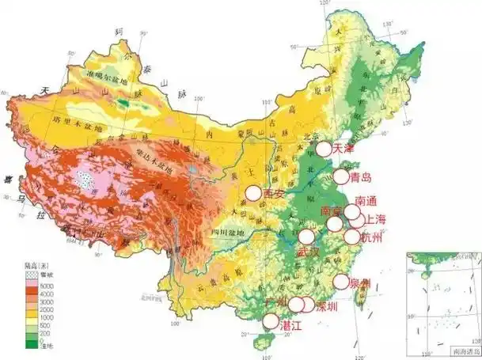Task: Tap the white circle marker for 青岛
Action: [x=341, y=177]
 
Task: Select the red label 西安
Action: [x=274, y=193]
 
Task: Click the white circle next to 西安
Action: [x=252, y=192]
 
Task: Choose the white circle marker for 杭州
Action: [x=353, y=237]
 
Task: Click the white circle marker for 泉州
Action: [x=341, y=281]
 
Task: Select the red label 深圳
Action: [x=328, y=305]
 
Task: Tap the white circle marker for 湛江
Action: [x=271, y=320]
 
